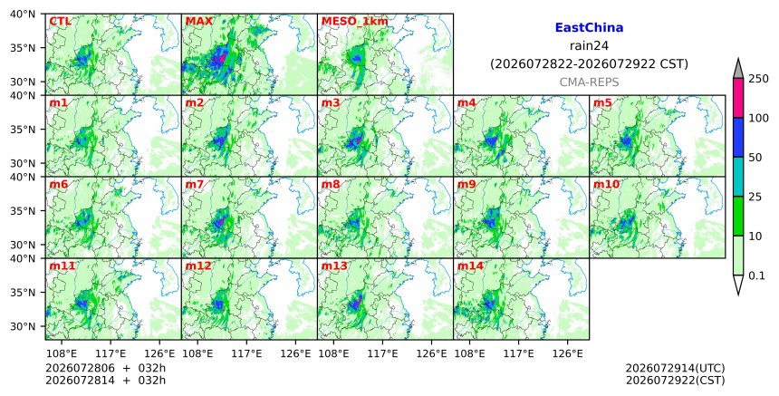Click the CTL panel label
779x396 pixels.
pyautogui.click(x=60, y=22)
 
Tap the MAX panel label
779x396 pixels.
pyautogui.click(x=198, y=22)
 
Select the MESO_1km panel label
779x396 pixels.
pyautogui.click(x=355, y=22)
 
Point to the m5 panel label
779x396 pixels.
pyautogui.click(x=602, y=102)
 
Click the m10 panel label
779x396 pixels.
pyautogui.click(x=606, y=184)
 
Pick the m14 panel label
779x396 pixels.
pyautogui.click(x=470, y=266)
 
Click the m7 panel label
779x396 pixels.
pyautogui.click(x=194, y=184)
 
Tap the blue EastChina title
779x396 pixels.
pyautogui.click(x=589, y=27)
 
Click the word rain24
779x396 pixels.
pyautogui.click(x=589, y=45)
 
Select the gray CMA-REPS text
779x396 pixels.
pyautogui.click(x=589, y=82)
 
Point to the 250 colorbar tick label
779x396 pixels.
pyautogui.click(x=758, y=79)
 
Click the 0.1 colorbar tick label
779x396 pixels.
pyautogui.click(x=756, y=275)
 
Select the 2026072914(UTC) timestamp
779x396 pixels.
pyautogui.click(x=675, y=368)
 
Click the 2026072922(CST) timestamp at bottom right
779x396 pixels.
pyautogui.click(x=675, y=381)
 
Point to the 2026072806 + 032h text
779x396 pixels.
pyautogui.click(x=105, y=368)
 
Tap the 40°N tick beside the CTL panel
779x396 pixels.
pyautogui.click(x=23, y=14)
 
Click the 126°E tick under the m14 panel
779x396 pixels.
pyautogui.click(x=568, y=353)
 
